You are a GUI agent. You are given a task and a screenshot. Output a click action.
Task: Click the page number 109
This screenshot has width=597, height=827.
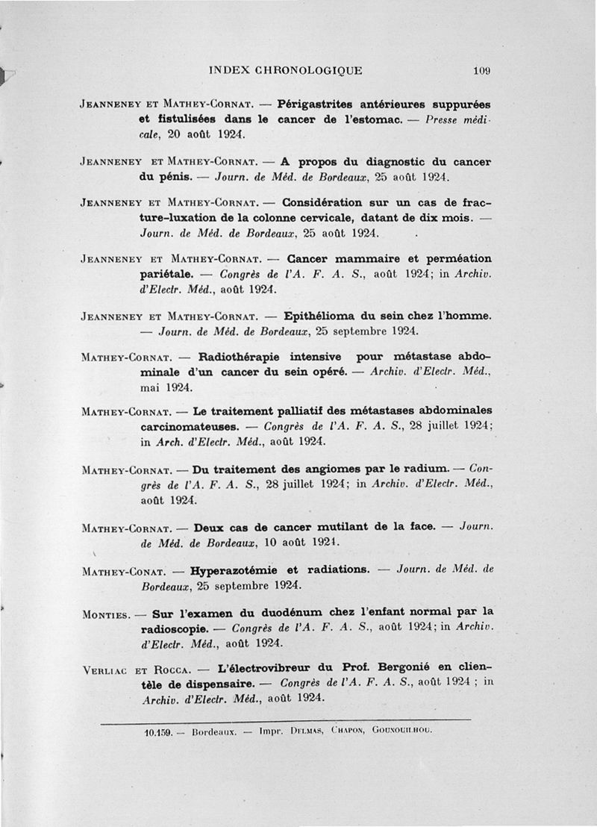(x=481, y=71)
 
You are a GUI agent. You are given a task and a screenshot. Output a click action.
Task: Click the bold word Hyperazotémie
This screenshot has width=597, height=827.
(x=234, y=569)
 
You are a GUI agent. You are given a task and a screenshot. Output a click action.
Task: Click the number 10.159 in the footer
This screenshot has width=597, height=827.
(x=159, y=731)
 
